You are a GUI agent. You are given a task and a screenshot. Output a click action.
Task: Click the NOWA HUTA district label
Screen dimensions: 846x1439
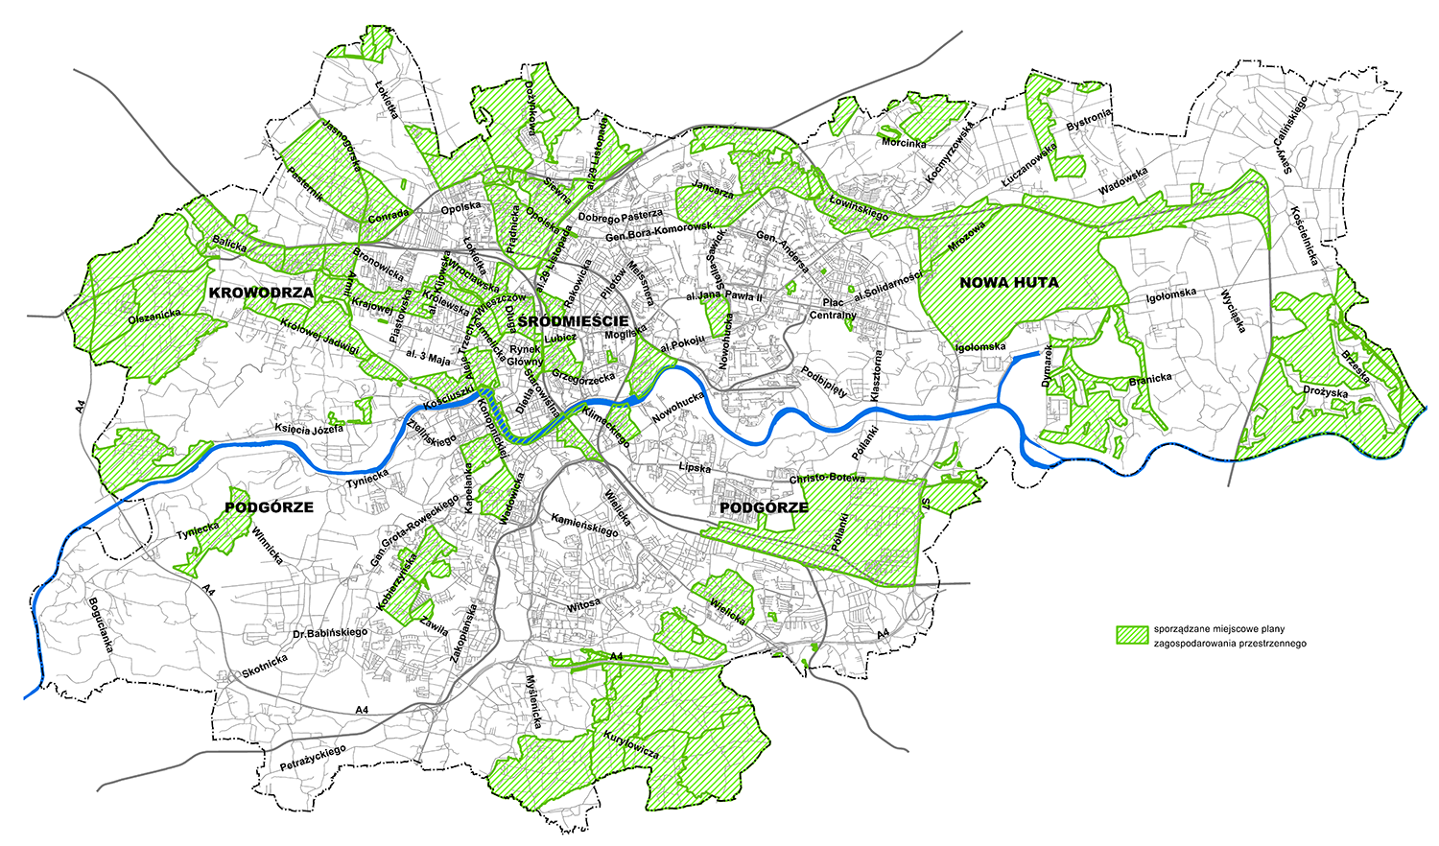coord(1008,282)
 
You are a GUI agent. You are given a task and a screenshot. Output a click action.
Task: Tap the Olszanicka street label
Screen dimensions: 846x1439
coord(154,313)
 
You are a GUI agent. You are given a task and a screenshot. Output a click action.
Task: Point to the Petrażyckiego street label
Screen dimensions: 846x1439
coord(312,760)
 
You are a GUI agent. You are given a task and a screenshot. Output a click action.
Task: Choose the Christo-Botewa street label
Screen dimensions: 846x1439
coord(827,478)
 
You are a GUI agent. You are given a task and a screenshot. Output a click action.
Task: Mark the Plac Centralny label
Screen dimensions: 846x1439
coord(832,309)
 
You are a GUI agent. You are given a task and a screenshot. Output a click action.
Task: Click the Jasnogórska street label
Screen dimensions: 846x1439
coord(341,144)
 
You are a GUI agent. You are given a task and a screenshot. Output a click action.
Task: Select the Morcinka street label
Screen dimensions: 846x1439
coord(904,143)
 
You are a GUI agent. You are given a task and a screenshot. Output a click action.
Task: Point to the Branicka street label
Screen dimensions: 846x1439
coord(1150,379)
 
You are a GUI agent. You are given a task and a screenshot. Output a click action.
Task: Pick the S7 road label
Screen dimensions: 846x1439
coord(925,503)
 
